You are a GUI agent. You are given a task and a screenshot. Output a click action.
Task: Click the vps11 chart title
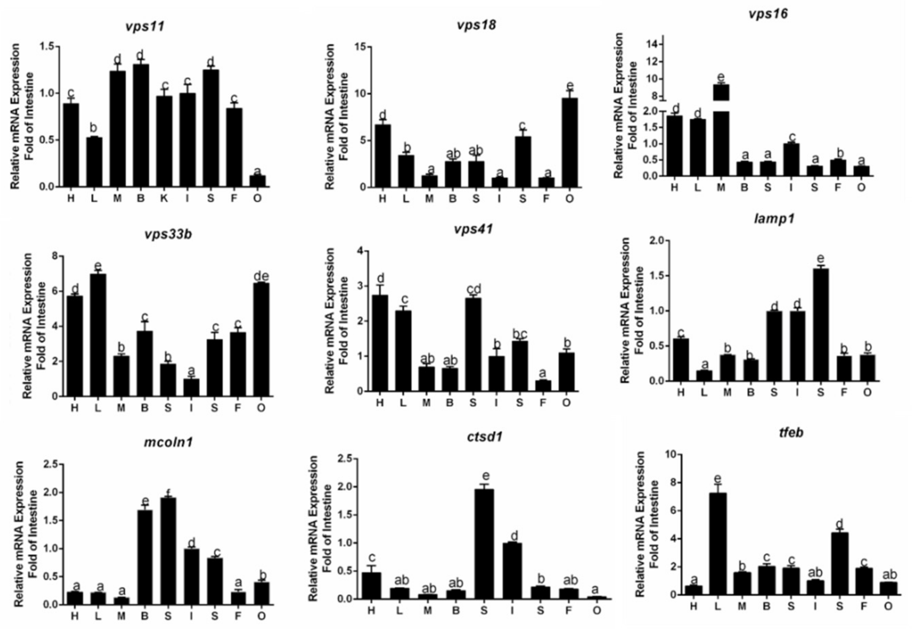click(145, 27)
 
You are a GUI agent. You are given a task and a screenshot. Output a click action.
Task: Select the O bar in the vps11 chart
click(257, 181)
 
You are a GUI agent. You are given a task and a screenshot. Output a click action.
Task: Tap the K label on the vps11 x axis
click(164, 198)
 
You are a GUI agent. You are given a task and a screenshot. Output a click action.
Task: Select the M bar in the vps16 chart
click(721, 130)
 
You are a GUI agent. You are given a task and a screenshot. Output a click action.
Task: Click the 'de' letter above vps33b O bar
click(261, 276)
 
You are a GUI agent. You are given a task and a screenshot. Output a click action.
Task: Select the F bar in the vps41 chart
click(543, 386)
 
